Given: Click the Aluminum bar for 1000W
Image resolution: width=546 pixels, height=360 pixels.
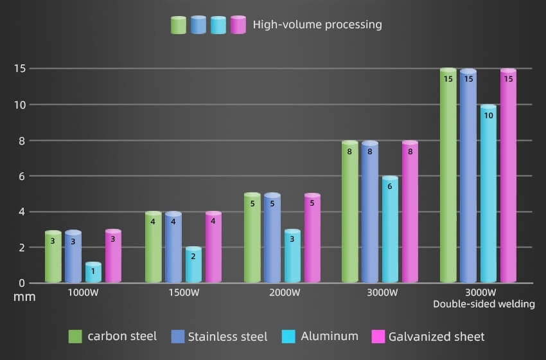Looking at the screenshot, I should click(93, 273).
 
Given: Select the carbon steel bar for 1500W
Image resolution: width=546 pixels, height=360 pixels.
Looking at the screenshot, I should click(154, 248).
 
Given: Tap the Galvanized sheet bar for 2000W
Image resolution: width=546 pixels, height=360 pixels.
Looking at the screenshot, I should click(313, 238).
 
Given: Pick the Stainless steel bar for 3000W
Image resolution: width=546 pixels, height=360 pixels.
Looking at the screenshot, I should click(369, 212).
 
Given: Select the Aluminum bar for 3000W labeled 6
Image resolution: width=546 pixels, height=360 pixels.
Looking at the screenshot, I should click(390, 230).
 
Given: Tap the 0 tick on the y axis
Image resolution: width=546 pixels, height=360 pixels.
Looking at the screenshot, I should click(22, 283).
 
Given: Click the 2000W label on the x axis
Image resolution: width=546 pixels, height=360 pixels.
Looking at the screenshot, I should click(285, 293).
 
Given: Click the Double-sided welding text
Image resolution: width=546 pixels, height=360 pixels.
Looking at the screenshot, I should click(484, 304).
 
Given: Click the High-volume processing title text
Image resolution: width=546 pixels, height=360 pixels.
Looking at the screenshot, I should click(317, 25).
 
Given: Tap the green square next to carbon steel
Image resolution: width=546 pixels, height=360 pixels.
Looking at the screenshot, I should click(75, 336).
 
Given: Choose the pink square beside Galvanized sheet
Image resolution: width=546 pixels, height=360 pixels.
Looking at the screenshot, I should click(378, 336).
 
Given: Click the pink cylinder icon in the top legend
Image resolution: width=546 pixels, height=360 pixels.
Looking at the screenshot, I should click(238, 25).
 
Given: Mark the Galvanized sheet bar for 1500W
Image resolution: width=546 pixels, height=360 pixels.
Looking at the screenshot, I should click(213, 248).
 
